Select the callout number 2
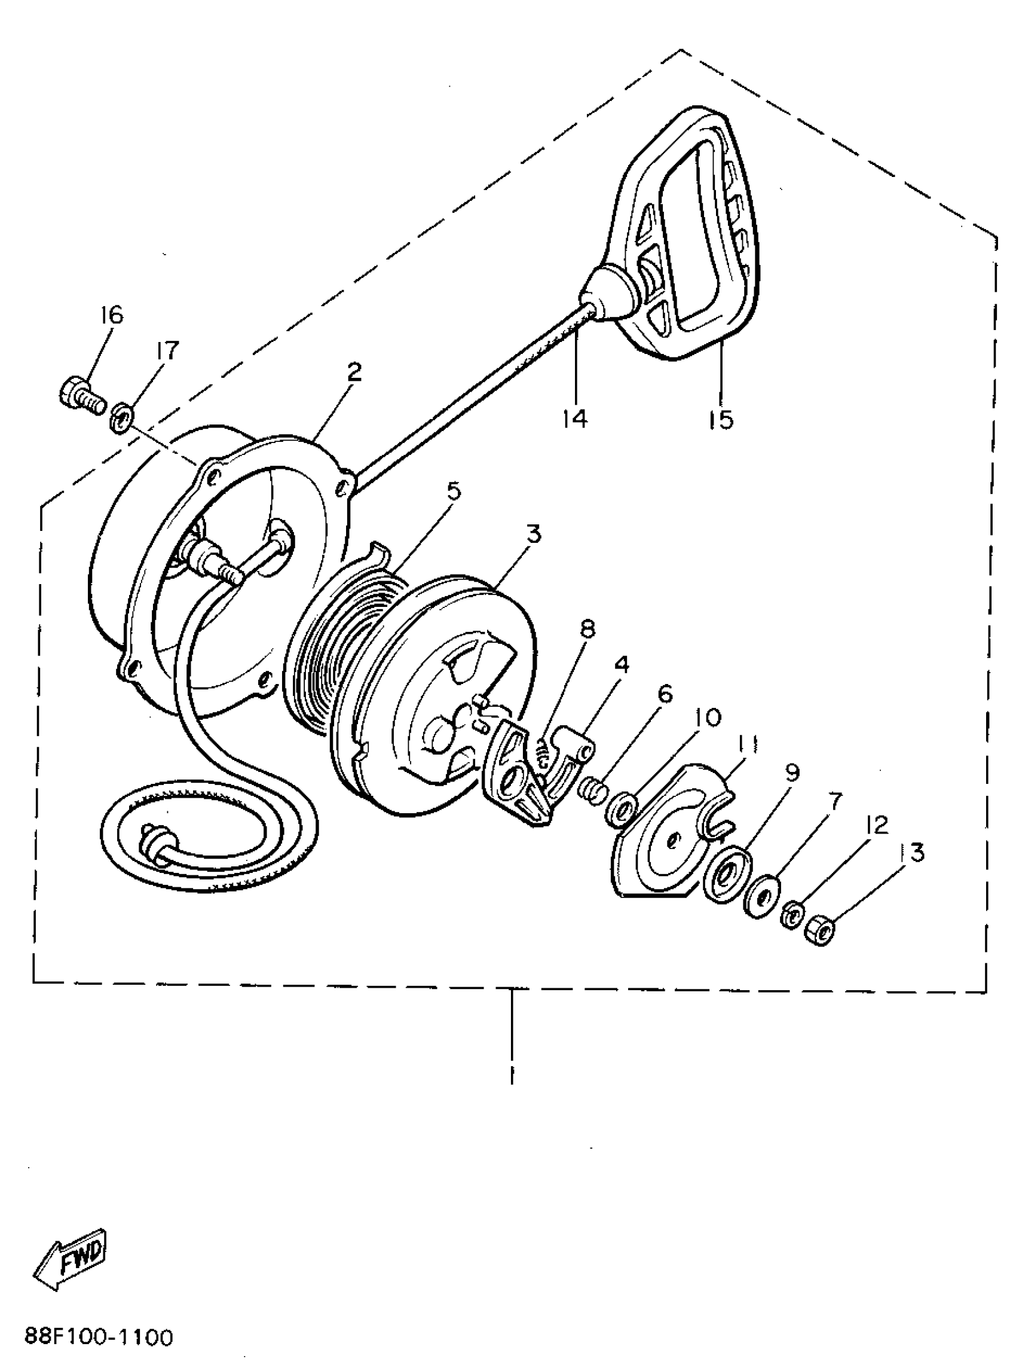pyautogui.click(x=354, y=371)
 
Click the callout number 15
pyautogui.click(x=720, y=419)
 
